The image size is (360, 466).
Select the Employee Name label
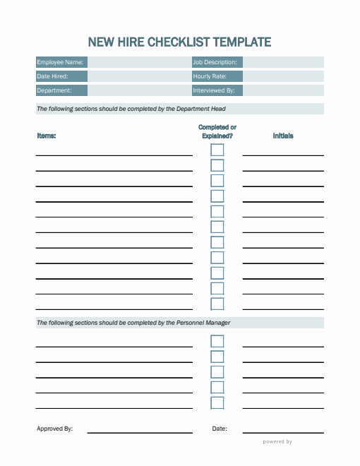pyautogui.click(x=61, y=62)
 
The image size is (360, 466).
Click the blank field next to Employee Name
pyautogui.click(x=139, y=62)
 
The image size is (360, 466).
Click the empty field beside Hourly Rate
pyautogui.click(x=283, y=76)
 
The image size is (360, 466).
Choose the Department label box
pyautogui.click(x=61, y=90)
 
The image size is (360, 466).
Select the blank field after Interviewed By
pyautogui.click(x=283, y=90)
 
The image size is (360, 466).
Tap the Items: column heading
pyautogui.click(x=47, y=136)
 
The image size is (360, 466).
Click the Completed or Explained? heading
pyautogui.click(x=217, y=131)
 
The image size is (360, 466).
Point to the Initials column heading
pyautogui.click(x=283, y=136)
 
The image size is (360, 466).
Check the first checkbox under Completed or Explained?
pyautogui.click(x=217, y=150)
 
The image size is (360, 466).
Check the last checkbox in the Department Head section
pyautogui.click(x=217, y=304)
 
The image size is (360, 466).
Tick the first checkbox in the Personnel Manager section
pyautogui.click(x=217, y=341)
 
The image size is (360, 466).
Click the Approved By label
pyautogui.click(x=54, y=429)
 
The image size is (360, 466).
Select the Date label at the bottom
pyautogui.click(x=219, y=429)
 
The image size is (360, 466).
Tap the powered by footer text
pyautogui.click(x=277, y=442)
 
